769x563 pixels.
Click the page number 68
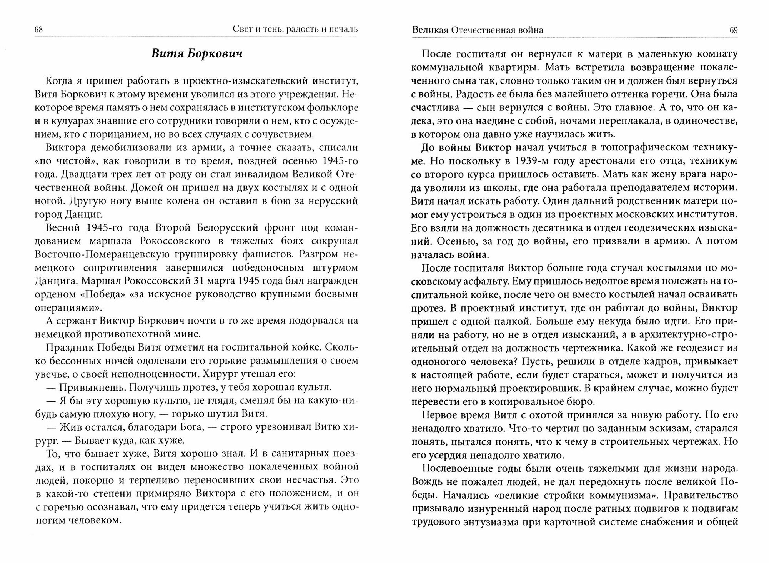tap(39, 30)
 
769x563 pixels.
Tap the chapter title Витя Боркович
tap(196, 54)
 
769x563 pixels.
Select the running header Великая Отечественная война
tap(477, 30)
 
